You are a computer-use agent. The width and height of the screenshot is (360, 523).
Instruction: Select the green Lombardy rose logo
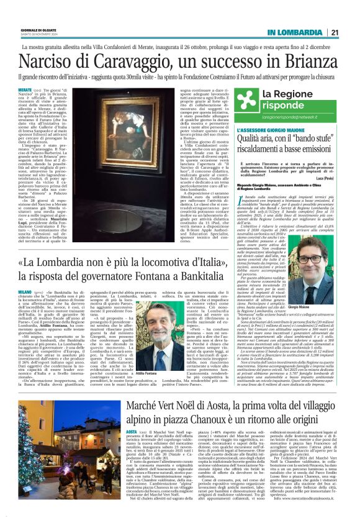[x=245, y=98]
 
